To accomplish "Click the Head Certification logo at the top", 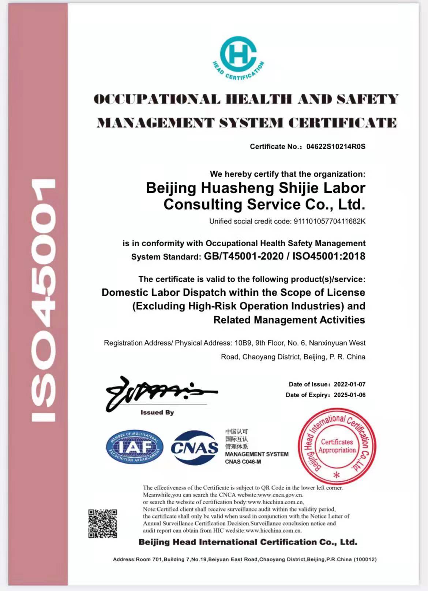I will click(238, 57).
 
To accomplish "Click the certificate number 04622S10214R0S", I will click(336, 147).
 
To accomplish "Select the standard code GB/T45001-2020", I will click(244, 256).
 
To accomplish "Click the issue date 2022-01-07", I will click(349, 384).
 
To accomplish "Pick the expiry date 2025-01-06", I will click(349, 395).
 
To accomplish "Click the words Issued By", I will click(157, 413).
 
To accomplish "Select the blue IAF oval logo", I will click(135, 447).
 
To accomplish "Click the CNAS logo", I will click(194, 447).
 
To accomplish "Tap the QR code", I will click(103, 523).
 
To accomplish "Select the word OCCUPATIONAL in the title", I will click(157, 99).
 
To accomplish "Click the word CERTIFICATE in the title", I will click(342, 123).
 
